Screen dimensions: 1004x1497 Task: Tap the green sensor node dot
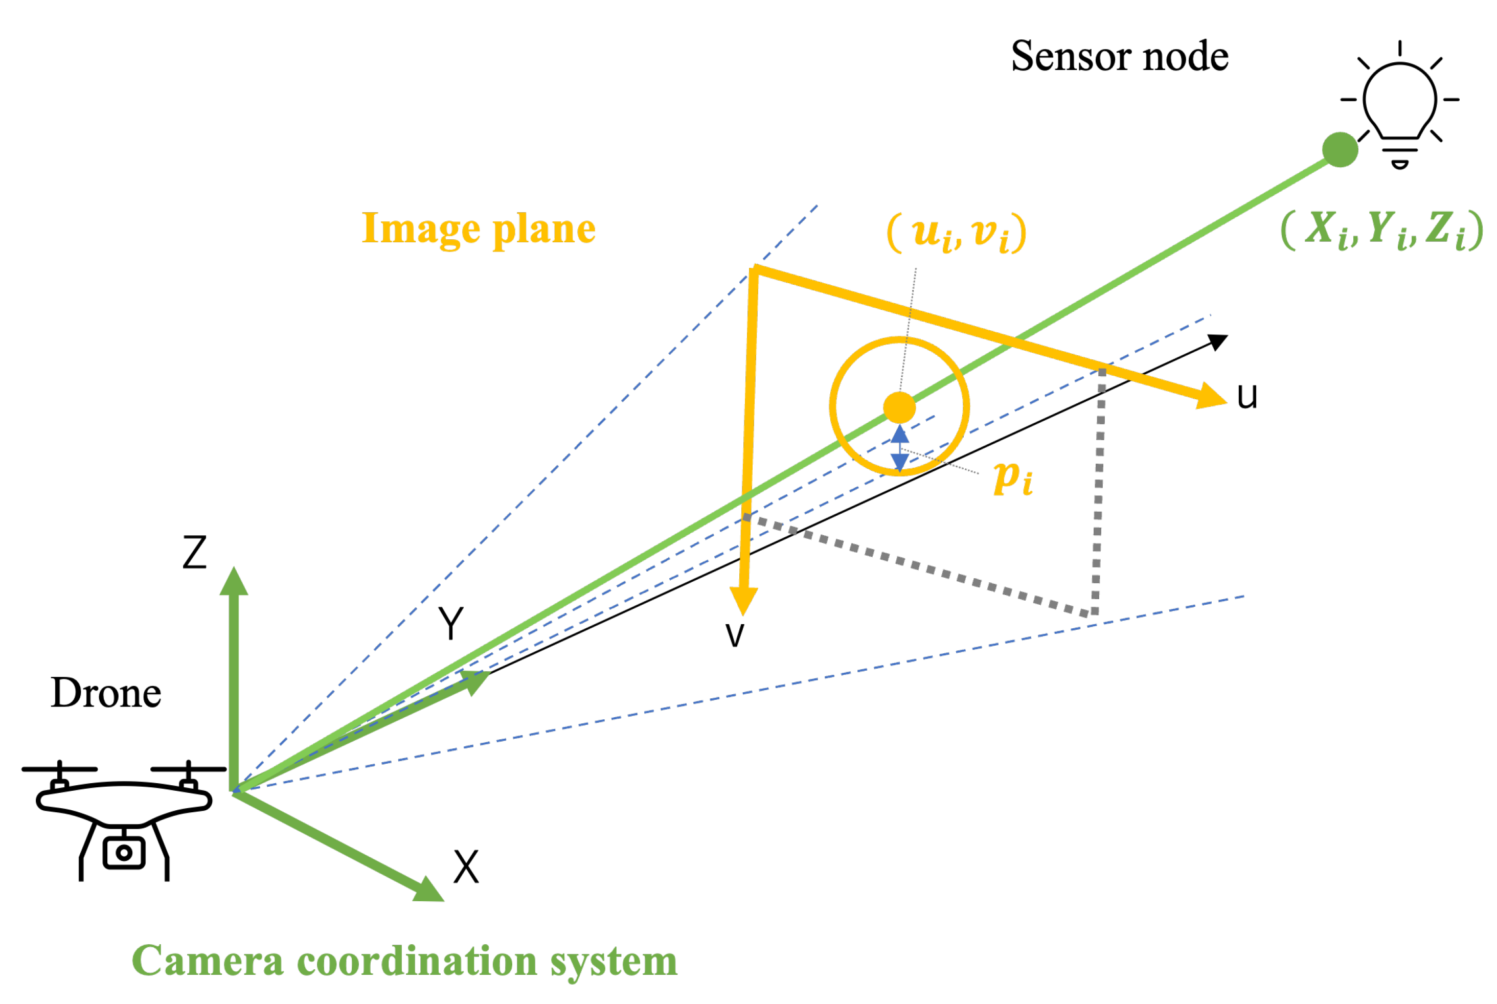(x=1340, y=149)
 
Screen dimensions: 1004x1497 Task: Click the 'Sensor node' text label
(x=1119, y=56)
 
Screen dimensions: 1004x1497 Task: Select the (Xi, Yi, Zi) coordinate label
(x=1382, y=229)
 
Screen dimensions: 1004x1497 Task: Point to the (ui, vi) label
(x=957, y=233)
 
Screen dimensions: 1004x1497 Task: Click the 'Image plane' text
(x=479, y=229)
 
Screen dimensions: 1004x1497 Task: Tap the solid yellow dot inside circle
(x=899, y=406)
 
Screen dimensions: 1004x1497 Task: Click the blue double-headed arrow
(x=900, y=448)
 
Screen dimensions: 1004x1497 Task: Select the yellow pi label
(x=1012, y=478)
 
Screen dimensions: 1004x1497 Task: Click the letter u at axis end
(x=1246, y=396)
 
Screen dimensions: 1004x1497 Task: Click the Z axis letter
(x=195, y=552)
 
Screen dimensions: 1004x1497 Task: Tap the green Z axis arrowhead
(x=234, y=581)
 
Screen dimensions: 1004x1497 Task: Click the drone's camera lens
(x=124, y=852)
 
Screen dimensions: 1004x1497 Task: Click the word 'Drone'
(x=106, y=694)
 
